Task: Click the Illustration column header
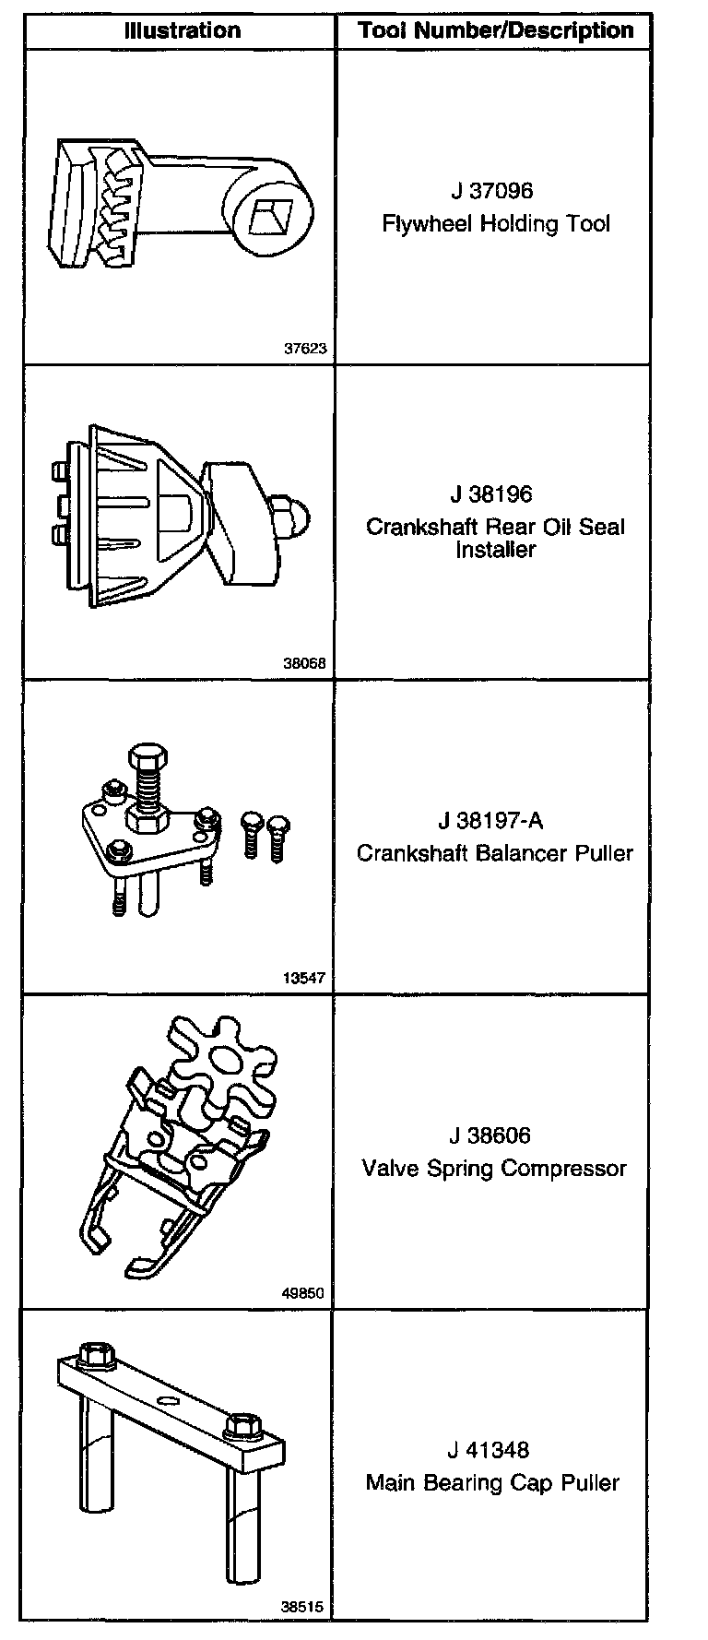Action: pyautogui.click(x=182, y=30)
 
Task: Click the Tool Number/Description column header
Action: pyautogui.click(x=496, y=30)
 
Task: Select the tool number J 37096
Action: pyautogui.click(x=492, y=191)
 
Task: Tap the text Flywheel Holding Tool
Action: pyautogui.click(x=496, y=223)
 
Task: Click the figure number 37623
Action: pyautogui.click(x=305, y=349)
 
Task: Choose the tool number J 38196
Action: pyautogui.click(x=492, y=494)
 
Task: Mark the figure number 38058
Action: pyautogui.click(x=305, y=663)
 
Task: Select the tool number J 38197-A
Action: pyautogui.click(x=496, y=820)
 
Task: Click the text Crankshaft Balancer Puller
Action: pyautogui.click(x=495, y=852)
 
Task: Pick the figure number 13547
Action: pyautogui.click(x=305, y=979)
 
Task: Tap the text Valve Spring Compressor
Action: pyautogui.click(x=494, y=1169)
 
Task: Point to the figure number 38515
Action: pyautogui.click(x=302, y=1606)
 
